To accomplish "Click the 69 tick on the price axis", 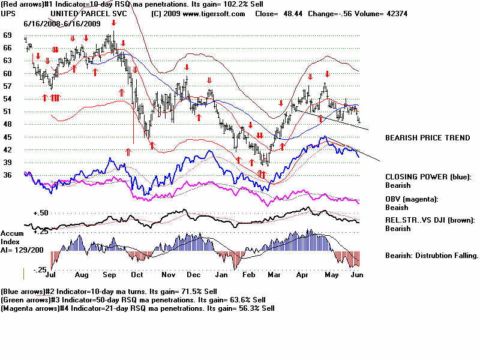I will coord(7,35).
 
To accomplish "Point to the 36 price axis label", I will coord(7,175).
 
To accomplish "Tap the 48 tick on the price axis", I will coord(7,124).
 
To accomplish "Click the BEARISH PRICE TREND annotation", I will coord(427,138).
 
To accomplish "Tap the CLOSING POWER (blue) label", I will coord(428,177).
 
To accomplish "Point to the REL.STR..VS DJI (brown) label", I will coord(431,220).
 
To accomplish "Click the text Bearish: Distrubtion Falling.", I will coord(431,256).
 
